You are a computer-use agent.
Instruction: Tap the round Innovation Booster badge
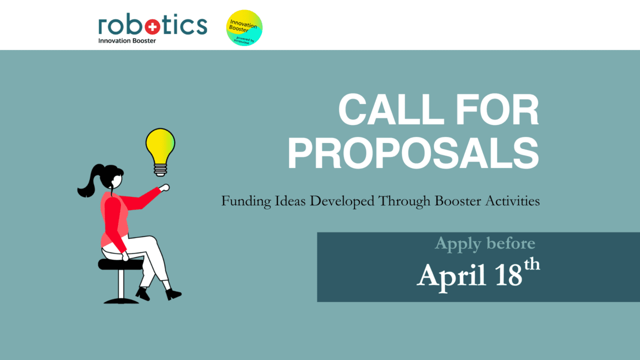pyautogui.click(x=244, y=28)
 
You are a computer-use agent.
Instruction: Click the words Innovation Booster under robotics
pyautogui.click(x=127, y=40)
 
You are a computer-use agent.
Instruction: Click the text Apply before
pyautogui.click(x=484, y=243)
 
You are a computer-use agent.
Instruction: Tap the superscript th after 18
pyautogui.click(x=532, y=264)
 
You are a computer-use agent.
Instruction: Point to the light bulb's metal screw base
pyautogui.click(x=160, y=170)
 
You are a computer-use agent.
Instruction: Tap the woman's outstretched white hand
pyautogui.click(x=164, y=188)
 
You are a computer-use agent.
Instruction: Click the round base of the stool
pyautogui.click(x=121, y=300)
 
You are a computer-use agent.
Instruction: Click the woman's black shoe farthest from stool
pyautogui.click(x=173, y=294)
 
